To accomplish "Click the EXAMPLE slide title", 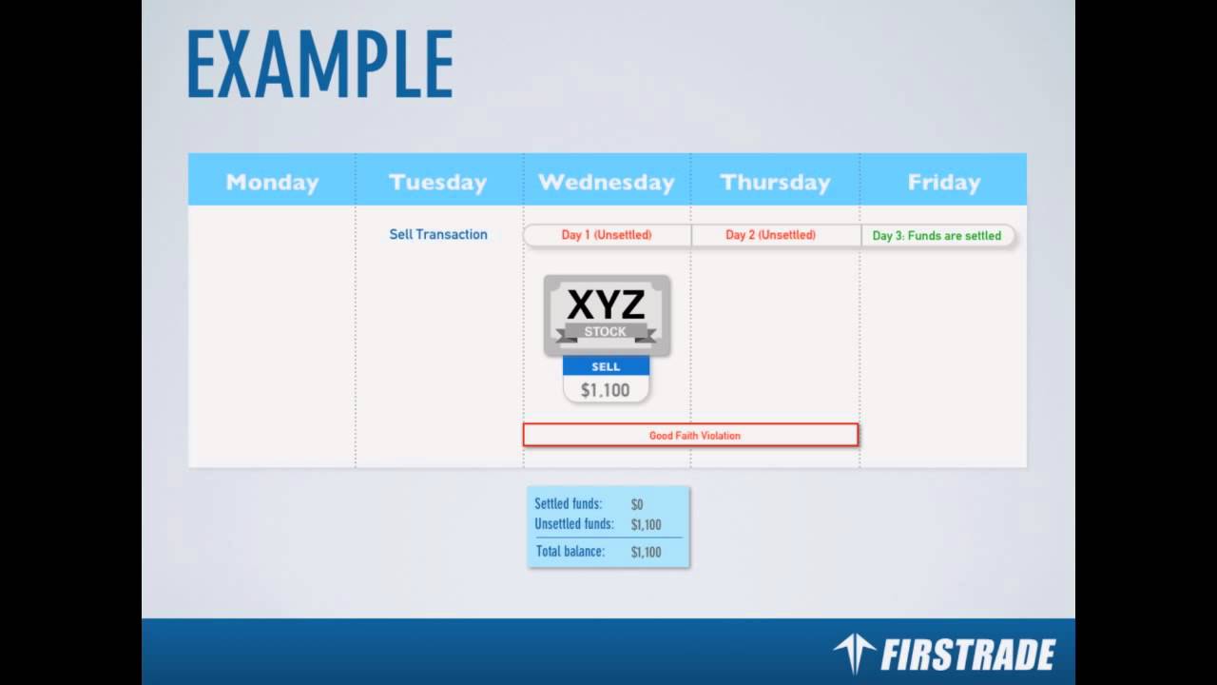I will (x=319, y=64).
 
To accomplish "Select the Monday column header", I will (x=272, y=182).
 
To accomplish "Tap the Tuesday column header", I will (x=437, y=182).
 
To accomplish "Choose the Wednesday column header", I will (x=606, y=182).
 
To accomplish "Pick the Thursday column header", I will (x=775, y=182).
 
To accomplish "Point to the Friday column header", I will (x=943, y=182).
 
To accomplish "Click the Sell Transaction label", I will (x=438, y=234).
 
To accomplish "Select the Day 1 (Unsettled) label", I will (x=607, y=235).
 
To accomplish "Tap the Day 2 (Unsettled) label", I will (x=770, y=235).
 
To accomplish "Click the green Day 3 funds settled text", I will (x=937, y=236).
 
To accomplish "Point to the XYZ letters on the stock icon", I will (x=606, y=305).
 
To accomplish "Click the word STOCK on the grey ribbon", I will (x=606, y=332).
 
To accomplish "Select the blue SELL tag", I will (x=606, y=366).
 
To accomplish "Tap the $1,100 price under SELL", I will (x=606, y=390).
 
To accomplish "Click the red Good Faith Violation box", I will (x=690, y=436).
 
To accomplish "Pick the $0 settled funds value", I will (x=637, y=504).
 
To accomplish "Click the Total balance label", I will (x=570, y=551).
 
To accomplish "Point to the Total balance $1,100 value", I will (x=647, y=552).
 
